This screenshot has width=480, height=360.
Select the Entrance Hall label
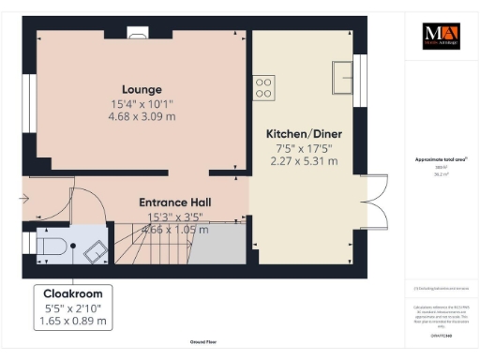pyautogui.click(x=174, y=202)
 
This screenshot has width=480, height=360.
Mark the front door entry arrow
pyautogui.click(x=25, y=198)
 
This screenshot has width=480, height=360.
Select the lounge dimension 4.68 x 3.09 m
pyautogui.click(x=142, y=116)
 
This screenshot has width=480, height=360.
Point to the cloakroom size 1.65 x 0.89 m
pyautogui.click(x=73, y=322)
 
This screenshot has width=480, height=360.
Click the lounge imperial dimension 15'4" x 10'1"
pyautogui.click(x=142, y=103)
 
